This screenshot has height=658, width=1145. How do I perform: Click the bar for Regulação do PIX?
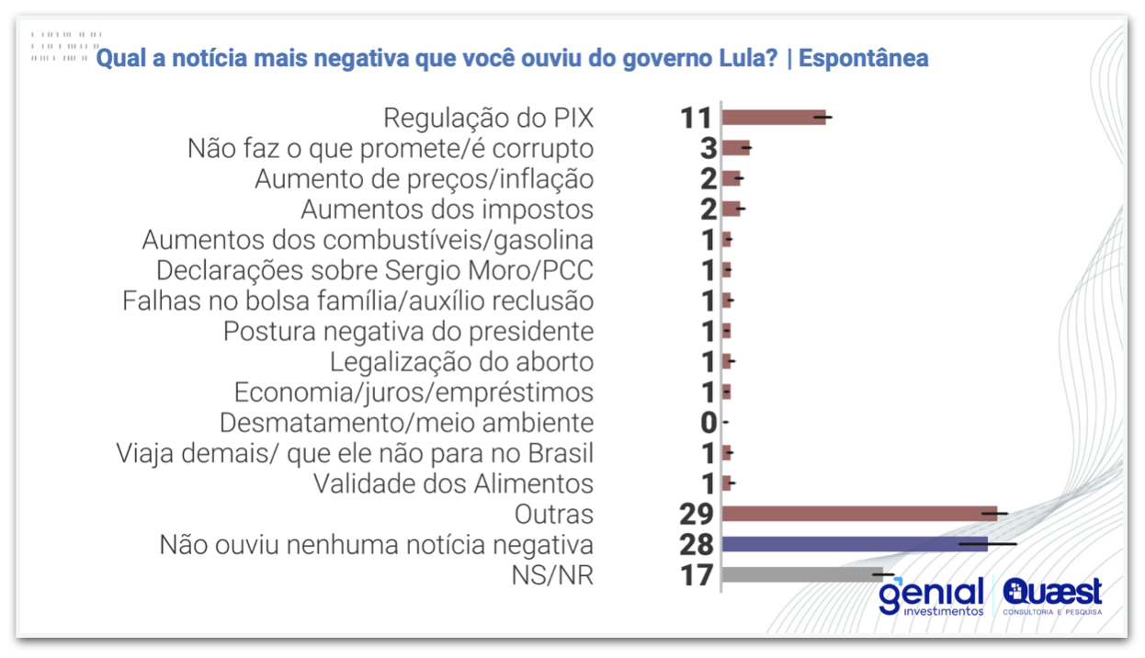point(773,117)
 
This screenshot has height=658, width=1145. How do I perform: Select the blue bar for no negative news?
point(854,544)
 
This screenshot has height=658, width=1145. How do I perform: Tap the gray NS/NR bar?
point(801,575)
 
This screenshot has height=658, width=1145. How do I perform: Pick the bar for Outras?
point(858,514)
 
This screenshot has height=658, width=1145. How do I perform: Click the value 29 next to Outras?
point(697,514)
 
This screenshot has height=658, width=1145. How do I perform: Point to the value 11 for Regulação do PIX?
point(697,118)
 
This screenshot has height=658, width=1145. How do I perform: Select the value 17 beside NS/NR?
point(697,575)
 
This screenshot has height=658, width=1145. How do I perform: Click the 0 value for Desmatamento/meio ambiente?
point(708,423)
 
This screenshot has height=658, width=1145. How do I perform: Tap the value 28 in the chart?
point(697,545)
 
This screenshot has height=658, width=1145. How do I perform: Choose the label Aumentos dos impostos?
point(447,210)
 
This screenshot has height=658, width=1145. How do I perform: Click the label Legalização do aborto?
point(461,362)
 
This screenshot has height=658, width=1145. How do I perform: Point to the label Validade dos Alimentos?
point(453,483)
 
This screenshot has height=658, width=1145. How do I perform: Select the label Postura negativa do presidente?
point(408,331)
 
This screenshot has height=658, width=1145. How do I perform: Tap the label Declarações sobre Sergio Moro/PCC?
point(374,270)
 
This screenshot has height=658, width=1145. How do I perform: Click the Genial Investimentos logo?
point(930,597)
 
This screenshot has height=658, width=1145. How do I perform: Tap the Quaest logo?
point(1052,597)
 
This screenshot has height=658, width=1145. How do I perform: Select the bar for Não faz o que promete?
point(736,148)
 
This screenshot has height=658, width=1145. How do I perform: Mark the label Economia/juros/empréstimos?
point(414,392)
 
